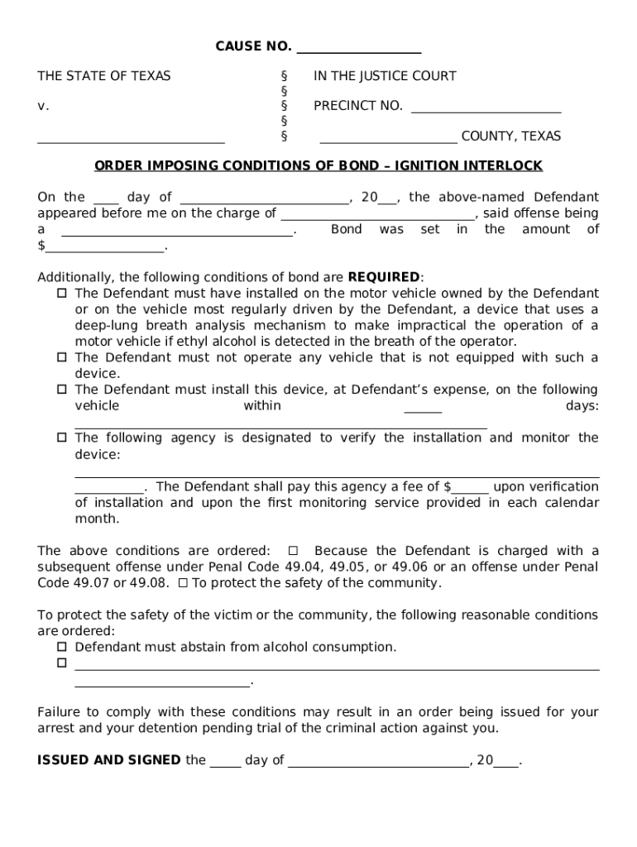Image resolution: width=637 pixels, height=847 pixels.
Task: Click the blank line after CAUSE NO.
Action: [358, 48]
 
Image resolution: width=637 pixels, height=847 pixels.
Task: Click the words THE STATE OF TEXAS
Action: [104, 76]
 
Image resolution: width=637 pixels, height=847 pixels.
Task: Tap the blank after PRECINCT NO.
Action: [486, 107]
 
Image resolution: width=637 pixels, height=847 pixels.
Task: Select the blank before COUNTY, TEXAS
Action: [388, 137]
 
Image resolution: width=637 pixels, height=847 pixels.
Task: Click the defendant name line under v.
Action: [131, 137]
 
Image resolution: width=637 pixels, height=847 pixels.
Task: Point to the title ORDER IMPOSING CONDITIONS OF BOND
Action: [318, 166]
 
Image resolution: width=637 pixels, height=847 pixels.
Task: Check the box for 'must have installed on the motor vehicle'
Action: [62, 294]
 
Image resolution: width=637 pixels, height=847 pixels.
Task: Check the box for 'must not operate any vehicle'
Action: [62, 358]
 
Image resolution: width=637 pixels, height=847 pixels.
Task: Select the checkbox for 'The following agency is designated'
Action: [62, 438]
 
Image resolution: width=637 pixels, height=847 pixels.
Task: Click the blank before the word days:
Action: [423, 407]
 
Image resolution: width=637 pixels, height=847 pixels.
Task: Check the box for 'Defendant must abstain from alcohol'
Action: [62, 648]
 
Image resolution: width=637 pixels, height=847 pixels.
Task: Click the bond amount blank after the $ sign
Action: [105, 246]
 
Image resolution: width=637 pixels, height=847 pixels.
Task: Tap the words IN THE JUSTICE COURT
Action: [385, 76]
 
